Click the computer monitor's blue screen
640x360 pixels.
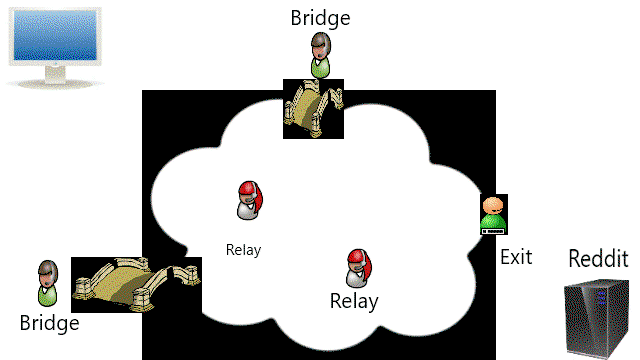pos(55,36)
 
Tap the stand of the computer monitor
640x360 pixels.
pos(55,78)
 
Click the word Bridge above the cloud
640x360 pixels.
pos(320,18)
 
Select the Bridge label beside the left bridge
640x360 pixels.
pos(49,323)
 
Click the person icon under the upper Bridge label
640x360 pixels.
pos(320,55)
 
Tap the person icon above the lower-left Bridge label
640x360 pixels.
pos(48,283)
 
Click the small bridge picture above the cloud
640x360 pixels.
pos(313,109)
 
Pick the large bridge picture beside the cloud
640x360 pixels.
pos(136,285)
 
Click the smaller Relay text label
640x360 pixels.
pos(244,250)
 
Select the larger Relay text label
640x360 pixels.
pos(354,301)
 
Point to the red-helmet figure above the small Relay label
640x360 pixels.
pos(250,200)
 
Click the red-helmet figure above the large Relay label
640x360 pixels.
pos(359,269)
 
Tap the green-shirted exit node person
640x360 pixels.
pos(494,215)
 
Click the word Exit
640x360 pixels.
pos(516,257)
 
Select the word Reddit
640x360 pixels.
pos(598,258)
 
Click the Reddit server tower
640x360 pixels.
pos(596,319)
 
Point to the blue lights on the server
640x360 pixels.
pos(602,298)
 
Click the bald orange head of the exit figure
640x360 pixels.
pos(493,205)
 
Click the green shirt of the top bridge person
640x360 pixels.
pos(320,69)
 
